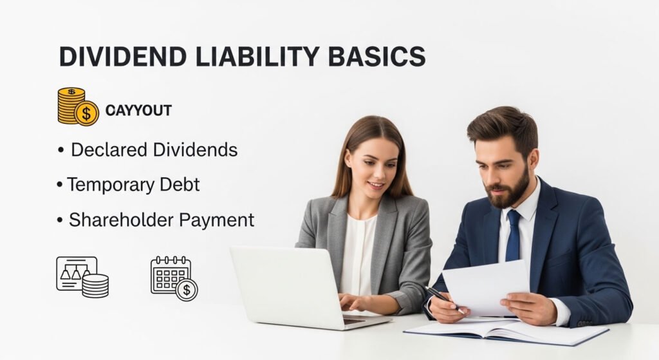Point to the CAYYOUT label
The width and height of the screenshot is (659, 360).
coord(138,111)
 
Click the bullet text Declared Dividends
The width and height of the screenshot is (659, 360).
coord(154,150)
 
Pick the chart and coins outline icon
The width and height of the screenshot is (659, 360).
coord(82,276)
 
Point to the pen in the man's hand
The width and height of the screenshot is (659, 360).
coord(445,299)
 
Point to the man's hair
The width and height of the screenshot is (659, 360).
coord(503,126)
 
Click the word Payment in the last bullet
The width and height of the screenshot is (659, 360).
coord(216,220)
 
